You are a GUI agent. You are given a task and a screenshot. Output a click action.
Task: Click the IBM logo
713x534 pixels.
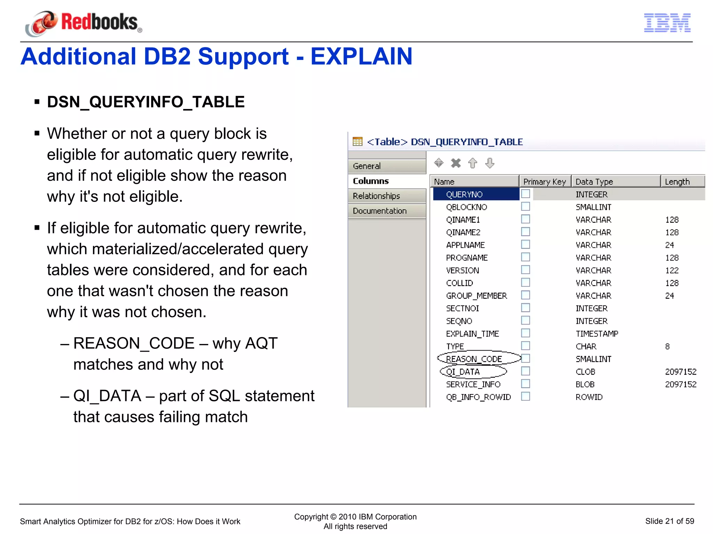pyautogui.click(x=667, y=23)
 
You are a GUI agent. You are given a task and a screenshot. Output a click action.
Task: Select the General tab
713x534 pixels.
pyautogui.click(x=386, y=166)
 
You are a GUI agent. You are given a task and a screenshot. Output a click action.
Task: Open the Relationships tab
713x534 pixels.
pyautogui.click(x=386, y=196)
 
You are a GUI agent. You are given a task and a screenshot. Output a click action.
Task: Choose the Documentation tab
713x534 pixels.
pyautogui.click(x=386, y=211)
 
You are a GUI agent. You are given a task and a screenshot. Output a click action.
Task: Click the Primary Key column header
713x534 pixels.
pyautogui.click(x=544, y=182)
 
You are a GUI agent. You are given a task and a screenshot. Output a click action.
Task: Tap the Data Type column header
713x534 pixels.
pyautogui.click(x=615, y=182)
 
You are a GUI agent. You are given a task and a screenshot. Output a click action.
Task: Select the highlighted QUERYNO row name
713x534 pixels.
pyautogui.click(x=464, y=194)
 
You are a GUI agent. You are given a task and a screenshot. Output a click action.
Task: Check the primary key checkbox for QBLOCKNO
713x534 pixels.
pyautogui.click(x=525, y=207)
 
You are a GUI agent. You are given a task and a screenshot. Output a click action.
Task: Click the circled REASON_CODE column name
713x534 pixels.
pyautogui.click(x=474, y=359)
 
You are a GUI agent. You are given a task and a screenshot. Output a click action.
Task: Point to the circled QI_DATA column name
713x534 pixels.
pyautogui.click(x=463, y=372)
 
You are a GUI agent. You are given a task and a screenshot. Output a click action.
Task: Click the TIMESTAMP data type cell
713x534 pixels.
pyautogui.click(x=597, y=334)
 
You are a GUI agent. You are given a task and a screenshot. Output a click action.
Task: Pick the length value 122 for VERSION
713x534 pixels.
pyautogui.click(x=672, y=270)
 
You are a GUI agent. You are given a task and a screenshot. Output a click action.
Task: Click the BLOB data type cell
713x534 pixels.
pyautogui.click(x=585, y=385)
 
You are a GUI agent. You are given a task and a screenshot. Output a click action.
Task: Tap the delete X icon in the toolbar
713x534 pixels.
pyautogui.click(x=456, y=163)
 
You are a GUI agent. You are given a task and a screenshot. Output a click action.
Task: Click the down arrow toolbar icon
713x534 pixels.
pyautogui.click(x=489, y=163)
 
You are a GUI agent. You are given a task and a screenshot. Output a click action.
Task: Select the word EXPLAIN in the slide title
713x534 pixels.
pyautogui.click(x=361, y=56)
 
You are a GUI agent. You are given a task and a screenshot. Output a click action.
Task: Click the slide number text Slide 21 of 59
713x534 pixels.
pyautogui.click(x=669, y=521)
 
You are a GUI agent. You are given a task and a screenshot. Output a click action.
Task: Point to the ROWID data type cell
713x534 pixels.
pyautogui.click(x=589, y=397)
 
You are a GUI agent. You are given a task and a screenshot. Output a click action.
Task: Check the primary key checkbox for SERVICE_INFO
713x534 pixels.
pyautogui.click(x=525, y=384)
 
